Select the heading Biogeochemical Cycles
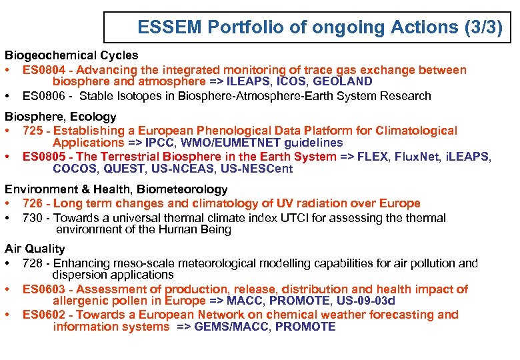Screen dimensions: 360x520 (72, 55)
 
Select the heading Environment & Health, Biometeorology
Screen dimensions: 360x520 (116, 190)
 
